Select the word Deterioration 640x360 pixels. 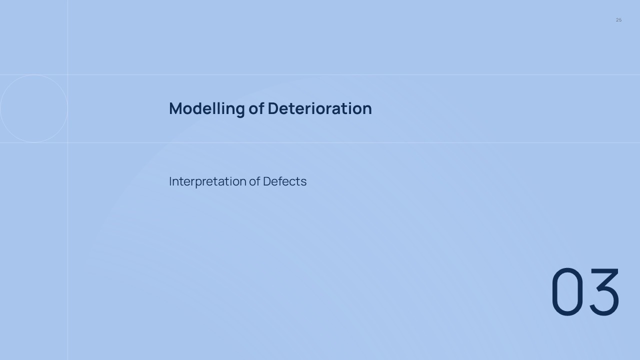click(319, 108)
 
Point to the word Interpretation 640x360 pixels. click(207, 181)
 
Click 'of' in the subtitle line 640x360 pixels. click(254, 181)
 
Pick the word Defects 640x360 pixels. click(284, 181)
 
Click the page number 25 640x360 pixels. click(618, 20)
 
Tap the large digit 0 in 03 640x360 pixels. click(567, 291)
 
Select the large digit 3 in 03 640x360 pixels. click(603, 291)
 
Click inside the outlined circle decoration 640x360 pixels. click(34, 108)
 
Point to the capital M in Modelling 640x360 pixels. click(175, 108)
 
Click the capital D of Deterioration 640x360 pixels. click(273, 108)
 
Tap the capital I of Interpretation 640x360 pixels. click(170, 181)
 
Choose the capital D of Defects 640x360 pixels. click(267, 181)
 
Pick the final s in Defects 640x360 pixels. click(303, 182)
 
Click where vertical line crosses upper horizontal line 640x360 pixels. click(67, 75)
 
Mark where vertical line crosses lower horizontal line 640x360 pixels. click(67, 143)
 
